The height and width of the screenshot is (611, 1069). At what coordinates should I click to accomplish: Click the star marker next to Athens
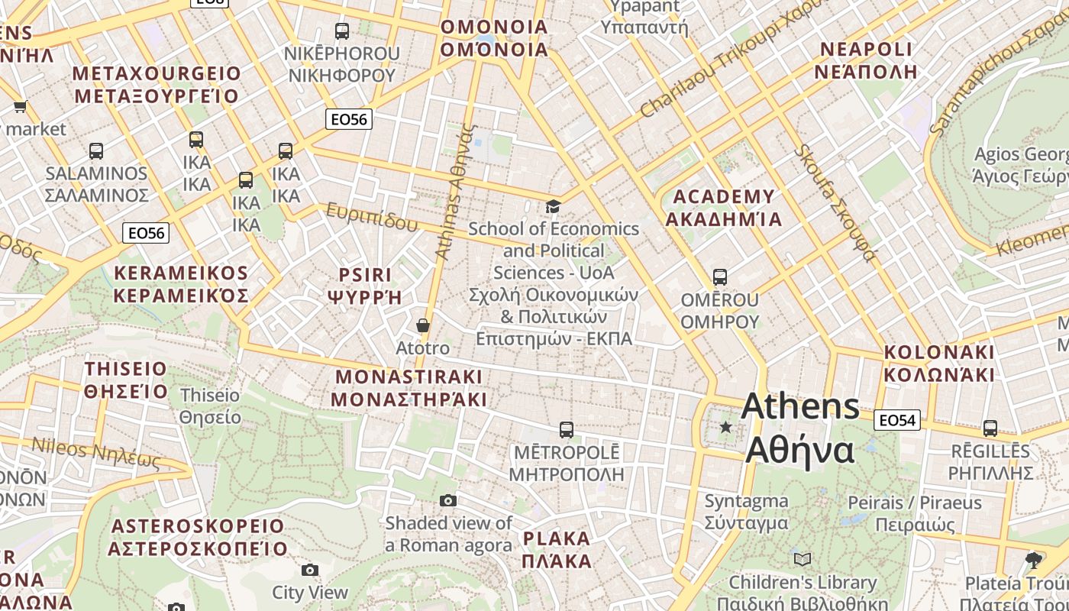click(x=725, y=428)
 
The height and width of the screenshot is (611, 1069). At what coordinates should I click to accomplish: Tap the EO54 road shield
click(x=897, y=420)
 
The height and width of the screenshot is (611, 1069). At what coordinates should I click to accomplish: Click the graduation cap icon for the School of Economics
click(x=553, y=206)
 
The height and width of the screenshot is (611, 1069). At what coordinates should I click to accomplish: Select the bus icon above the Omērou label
click(x=719, y=276)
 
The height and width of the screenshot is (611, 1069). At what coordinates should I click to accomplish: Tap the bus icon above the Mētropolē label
click(x=566, y=430)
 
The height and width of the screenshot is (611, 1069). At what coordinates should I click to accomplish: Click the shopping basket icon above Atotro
click(x=422, y=326)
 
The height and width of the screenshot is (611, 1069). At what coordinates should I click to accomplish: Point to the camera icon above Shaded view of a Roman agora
click(x=448, y=501)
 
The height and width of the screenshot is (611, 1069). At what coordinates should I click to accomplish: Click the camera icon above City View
click(x=309, y=571)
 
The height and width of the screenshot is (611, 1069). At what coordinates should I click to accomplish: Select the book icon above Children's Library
click(x=802, y=560)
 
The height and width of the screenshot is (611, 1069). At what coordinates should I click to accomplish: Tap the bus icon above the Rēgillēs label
click(x=990, y=428)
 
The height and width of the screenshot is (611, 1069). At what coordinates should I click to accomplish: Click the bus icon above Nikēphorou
click(x=342, y=31)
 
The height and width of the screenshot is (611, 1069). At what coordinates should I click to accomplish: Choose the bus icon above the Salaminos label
click(x=96, y=151)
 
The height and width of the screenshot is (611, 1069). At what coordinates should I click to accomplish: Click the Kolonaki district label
click(x=939, y=364)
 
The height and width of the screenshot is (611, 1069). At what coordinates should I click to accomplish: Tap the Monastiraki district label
click(x=409, y=388)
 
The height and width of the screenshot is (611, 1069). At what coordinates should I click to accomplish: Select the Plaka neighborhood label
click(x=557, y=549)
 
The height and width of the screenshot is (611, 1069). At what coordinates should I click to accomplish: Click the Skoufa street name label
click(x=835, y=202)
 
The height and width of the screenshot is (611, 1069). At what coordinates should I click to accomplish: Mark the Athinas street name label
click(x=455, y=191)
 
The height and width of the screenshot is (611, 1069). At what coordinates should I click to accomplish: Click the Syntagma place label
click(x=746, y=512)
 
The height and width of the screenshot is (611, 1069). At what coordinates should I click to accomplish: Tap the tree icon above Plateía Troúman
click(x=1034, y=560)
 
